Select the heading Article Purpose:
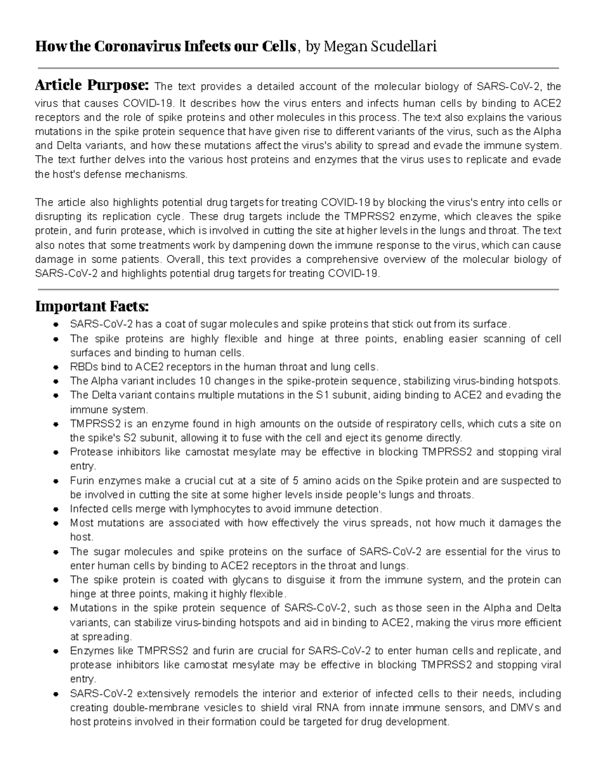92,86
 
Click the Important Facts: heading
92,306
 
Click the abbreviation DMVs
521,708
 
